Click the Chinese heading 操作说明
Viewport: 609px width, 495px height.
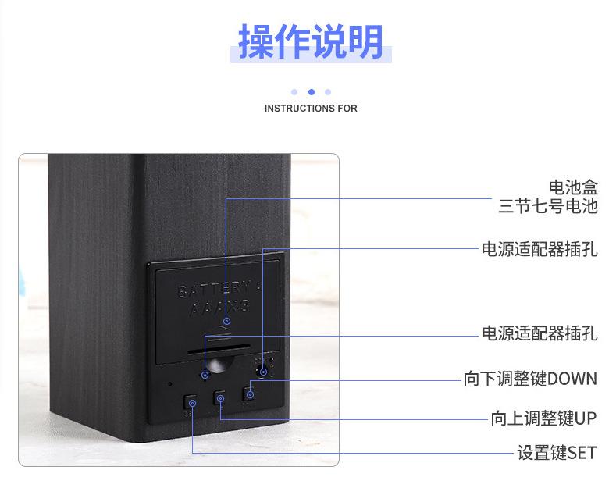point(311,41)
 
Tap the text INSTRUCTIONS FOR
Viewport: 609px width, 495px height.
point(311,109)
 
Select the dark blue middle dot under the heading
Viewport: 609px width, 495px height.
point(311,92)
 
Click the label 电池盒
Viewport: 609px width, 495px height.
point(572,187)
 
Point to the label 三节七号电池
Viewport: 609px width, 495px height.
point(547,207)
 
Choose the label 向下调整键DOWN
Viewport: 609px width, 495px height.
point(530,380)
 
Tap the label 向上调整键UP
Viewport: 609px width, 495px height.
point(543,418)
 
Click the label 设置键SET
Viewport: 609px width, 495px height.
point(557,453)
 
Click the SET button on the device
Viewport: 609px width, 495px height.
point(192,403)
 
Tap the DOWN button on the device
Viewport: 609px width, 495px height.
point(248,393)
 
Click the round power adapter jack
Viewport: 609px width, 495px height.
point(263,371)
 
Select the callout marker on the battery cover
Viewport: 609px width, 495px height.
point(226,321)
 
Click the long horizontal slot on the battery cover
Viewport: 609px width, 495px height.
point(219,351)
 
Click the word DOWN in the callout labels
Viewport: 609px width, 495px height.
point(572,380)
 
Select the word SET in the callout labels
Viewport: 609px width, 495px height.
point(582,453)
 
